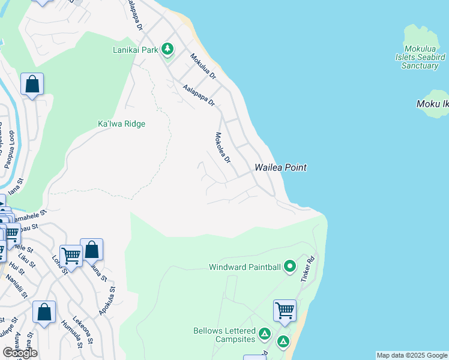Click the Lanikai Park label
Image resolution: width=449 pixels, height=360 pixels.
(135, 50)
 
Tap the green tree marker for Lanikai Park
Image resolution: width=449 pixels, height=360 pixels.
(168, 49)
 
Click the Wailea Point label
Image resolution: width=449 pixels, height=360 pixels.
(280, 167)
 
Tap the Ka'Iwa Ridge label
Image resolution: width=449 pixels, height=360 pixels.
(122, 124)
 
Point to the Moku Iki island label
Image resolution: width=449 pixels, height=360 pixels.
(432, 104)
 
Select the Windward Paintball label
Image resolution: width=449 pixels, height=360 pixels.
(245, 267)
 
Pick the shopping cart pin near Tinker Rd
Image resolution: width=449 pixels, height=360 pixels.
(285, 311)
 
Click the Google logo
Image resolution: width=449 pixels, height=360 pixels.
(20, 352)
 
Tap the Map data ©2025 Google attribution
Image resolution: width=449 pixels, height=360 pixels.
(412, 355)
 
